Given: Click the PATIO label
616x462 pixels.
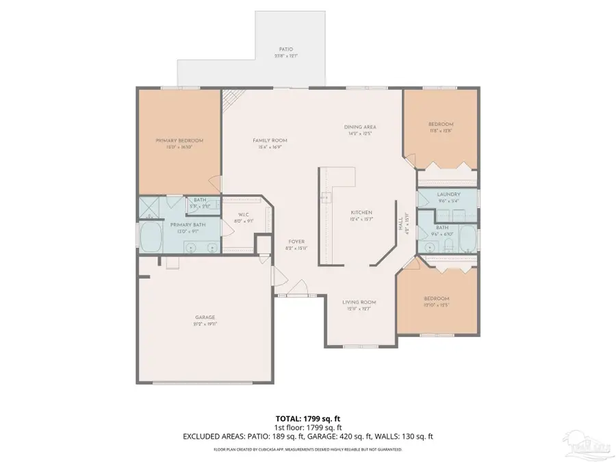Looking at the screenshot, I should point(286,49).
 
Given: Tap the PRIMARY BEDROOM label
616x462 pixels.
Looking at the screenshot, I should point(179,140).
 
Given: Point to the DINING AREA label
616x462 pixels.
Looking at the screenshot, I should point(359,127).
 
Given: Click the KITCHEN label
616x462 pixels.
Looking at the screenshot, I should point(361,212).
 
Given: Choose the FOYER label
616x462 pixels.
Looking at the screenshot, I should point(296,242).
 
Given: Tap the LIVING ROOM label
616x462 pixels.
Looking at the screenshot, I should point(359,302).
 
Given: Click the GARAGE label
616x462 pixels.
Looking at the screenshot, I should point(205,317).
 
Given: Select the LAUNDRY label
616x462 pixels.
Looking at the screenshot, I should point(448,194).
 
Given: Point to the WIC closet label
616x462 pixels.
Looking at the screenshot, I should point(245,214).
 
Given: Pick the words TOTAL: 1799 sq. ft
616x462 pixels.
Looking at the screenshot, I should point(307,417).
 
